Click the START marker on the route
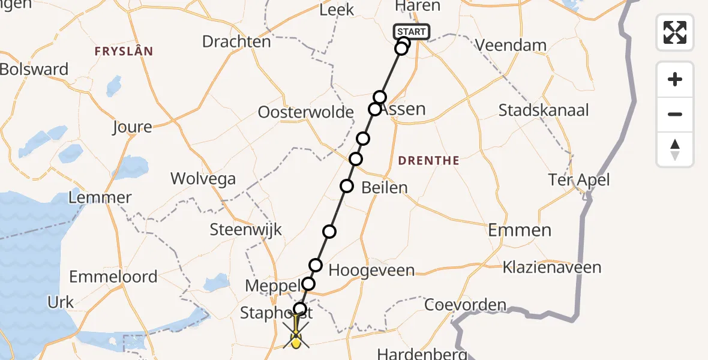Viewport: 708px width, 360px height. [x=411, y=32]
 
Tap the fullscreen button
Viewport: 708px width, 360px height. [x=675, y=32]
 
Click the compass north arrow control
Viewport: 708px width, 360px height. [x=675, y=149]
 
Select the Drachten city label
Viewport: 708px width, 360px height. [x=236, y=42]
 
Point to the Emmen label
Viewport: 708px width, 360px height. [x=520, y=230]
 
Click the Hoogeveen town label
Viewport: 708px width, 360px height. [x=371, y=271]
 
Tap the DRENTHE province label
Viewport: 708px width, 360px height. [x=428, y=161]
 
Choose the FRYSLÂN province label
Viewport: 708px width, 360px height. [x=124, y=52]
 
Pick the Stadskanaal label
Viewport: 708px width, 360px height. [x=544, y=110]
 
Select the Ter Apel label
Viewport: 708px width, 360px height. [x=579, y=180]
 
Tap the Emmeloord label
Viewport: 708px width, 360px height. [x=113, y=277]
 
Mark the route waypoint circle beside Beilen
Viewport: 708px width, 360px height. [x=347, y=186]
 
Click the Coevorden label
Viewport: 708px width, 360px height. [x=465, y=305]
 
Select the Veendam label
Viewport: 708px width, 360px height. [x=511, y=45]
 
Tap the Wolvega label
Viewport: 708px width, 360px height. [x=203, y=178]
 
